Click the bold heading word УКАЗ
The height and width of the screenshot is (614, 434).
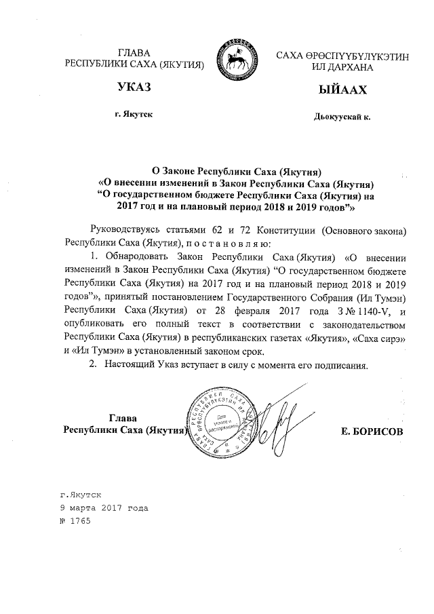[133, 88]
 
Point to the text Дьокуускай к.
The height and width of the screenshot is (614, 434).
[342, 117]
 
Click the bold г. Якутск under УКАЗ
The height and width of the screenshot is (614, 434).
[134, 115]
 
